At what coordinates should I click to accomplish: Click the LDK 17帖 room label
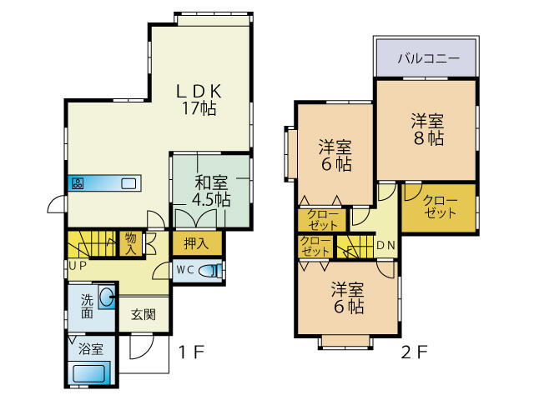click(x=199, y=100)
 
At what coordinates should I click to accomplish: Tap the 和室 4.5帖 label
click(x=211, y=191)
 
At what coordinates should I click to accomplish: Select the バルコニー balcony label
click(x=429, y=58)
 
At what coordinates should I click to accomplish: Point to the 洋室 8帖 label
click(x=428, y=130)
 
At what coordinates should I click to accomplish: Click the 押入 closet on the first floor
click(x=197, y=243)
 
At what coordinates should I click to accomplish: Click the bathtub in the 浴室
click(x=89, y=373)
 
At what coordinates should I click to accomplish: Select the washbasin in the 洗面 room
click(x=107, y=297)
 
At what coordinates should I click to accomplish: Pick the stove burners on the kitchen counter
click(x=78, y=183)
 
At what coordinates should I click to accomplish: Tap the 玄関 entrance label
click(x=144, y=315)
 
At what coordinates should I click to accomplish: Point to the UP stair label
click(x=78, y=265)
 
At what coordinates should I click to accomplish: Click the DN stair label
click(x=386, y=245)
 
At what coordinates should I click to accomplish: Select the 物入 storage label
click(x=131, y=243)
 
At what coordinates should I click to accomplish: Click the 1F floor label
click(x=191, y=352)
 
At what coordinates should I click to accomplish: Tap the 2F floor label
click(x=414, y=352)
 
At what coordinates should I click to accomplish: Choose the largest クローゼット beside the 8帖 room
click(x=440, y=208)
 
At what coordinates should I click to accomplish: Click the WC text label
click(x=185, y=270)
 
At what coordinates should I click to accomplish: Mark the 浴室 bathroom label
click(x=91, y=349)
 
